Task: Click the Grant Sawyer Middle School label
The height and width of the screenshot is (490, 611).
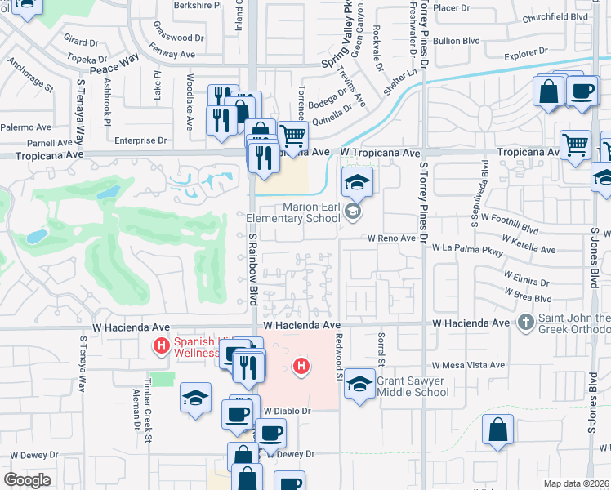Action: tap(414, 385)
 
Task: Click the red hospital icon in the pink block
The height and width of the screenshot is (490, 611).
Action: tap(301, 366)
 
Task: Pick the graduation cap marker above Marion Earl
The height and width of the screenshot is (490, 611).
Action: tap(357, 181)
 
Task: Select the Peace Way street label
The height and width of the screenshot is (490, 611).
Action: tap(115, 65)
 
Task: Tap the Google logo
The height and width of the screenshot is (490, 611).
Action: tap(28, 480)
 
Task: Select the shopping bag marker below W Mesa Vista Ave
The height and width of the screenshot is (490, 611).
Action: tap(497, 429)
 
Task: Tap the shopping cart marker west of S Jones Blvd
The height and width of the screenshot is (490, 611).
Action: tap(575, 145)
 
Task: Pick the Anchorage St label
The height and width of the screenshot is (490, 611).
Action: tap(31, 78)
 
